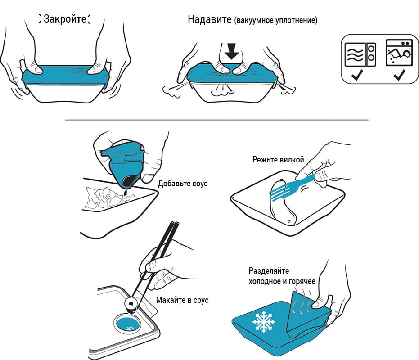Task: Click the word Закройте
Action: coord(64,19)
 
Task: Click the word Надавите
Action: coord(210,20)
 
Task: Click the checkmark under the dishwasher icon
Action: coord(399,76)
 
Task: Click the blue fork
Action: coord(293,185)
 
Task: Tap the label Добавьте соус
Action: coord(183,184)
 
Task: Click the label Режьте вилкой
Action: coord(278,160)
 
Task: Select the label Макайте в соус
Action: coord(182,300)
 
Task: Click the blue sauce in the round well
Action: coord(127,323)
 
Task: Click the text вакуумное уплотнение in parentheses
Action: coord(275,21)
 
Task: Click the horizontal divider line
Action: coord(216,120)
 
